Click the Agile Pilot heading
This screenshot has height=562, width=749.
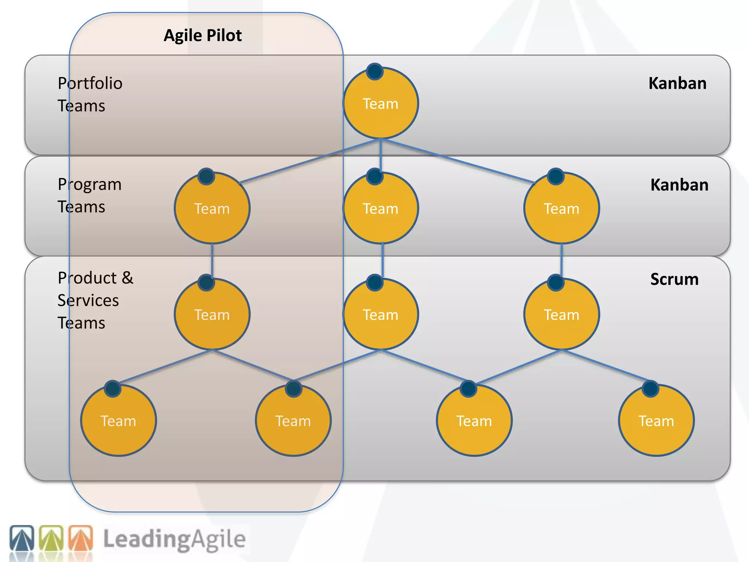coord(202,35)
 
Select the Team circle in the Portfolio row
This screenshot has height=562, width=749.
coord(380,103)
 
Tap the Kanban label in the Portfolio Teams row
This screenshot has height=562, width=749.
coord(677,83)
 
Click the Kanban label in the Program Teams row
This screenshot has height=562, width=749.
coord(679,185)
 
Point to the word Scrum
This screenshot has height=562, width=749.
coord(674,279)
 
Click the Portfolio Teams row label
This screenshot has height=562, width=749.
coord(90,94)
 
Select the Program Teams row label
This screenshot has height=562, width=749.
coord(89,195)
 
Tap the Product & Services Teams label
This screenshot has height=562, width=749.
coord(95,300)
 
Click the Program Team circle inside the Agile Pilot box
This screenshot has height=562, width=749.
coord(212,208)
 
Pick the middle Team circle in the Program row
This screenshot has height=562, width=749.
coord(380,208)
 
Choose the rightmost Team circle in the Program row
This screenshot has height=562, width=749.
coord(561,208)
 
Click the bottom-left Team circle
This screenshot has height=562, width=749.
coord(118,421)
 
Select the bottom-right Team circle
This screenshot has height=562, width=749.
coord(656,421)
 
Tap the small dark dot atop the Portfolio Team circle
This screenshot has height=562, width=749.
coord(374,71)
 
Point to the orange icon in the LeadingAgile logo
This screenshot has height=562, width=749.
coord(81,538)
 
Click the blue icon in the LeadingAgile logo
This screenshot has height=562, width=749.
coord(22,538)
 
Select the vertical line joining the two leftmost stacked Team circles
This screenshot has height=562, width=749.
coord(212,261)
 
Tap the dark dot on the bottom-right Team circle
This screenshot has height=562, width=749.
coord(650,389)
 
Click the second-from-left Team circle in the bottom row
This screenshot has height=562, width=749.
coord(293,421)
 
